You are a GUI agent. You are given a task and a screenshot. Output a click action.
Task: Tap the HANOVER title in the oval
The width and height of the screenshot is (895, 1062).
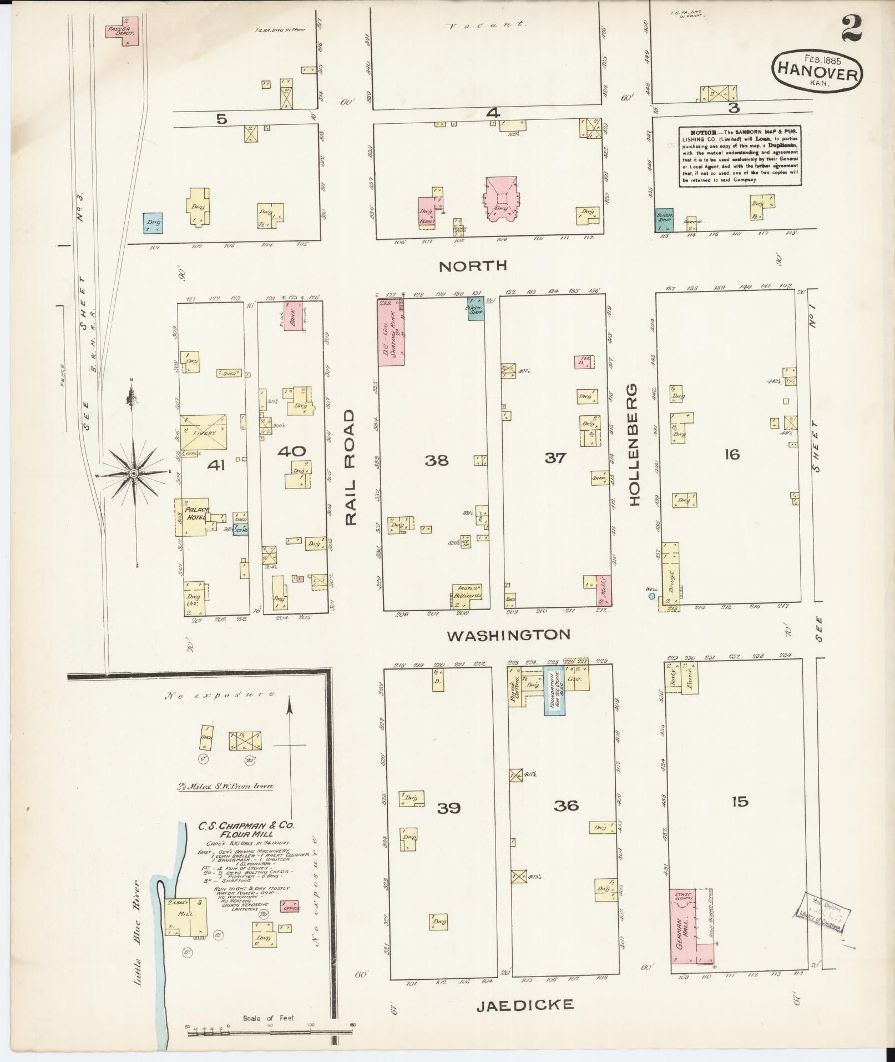click(x=818, y=72)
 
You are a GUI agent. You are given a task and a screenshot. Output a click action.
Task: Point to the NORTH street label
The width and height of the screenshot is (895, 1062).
click(x=473, y=266)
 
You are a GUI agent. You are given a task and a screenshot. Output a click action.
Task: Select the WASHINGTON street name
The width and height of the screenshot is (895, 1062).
click(x=509, y=635)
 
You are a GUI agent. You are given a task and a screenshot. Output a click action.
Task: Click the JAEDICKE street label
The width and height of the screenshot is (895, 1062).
click(x=524, y=1004)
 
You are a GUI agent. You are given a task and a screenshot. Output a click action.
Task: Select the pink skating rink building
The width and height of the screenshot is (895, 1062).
click(x=391, y=332)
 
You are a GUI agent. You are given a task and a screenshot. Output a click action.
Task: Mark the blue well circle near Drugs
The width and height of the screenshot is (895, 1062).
click(x=652, y=596)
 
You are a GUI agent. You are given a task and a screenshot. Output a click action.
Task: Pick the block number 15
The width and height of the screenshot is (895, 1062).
click(x=739, y=801)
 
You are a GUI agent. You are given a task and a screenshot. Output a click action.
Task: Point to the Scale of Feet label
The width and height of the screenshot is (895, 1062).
click(x=268, y=1018)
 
